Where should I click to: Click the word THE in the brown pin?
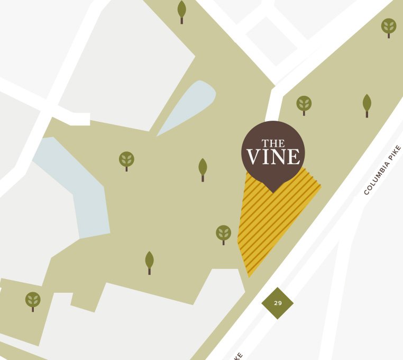coord(273,143)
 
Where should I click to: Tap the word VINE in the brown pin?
coord(273,157)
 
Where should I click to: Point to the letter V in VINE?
coord(253,157)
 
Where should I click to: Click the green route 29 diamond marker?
coord(278,303)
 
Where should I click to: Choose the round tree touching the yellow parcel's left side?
coord(224,233)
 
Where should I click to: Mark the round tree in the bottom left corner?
coord(33,300)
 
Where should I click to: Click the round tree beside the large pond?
coord(126,159)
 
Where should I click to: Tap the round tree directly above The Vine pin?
coord(304,103)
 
